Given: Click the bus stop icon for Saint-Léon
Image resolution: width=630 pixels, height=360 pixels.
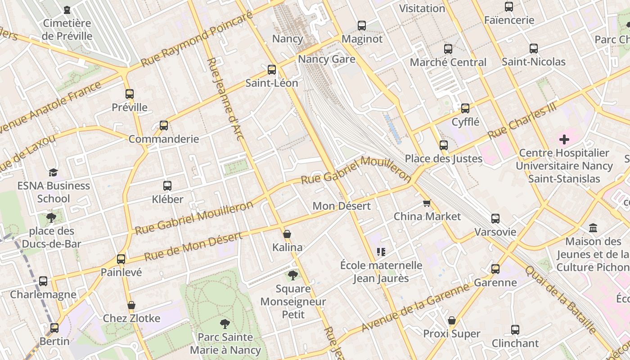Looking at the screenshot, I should [x=271, y=70].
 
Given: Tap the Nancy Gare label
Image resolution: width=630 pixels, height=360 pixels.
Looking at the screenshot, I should [x=327, y=59].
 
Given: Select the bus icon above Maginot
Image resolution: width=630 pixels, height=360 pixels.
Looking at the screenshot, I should [x=362, y=26].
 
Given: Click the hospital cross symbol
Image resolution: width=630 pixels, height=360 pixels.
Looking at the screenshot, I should [x=564, y=139].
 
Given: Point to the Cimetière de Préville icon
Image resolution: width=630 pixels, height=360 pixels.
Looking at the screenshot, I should [x=67, y=10].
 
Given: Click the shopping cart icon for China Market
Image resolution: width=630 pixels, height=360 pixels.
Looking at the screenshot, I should [x=427, y=203].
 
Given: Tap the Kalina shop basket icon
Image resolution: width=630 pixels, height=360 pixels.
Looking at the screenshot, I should [x=287, y=234].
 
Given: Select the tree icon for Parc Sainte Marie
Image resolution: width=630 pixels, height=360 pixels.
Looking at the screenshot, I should [x=225, y=324].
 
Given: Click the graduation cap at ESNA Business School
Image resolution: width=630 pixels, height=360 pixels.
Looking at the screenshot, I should [x=54, y=172].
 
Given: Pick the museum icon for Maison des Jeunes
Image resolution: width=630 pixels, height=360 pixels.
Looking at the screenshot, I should [x=593, y=228].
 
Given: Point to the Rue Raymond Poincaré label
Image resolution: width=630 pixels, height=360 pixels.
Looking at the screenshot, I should [x=196, y=40].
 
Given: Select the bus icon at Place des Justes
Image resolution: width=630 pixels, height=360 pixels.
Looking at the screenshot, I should [x=444, y=145].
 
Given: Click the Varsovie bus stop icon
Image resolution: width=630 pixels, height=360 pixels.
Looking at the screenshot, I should [x=495, y=219].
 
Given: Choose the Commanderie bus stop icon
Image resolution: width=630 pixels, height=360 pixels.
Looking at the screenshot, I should [x=164, y=126].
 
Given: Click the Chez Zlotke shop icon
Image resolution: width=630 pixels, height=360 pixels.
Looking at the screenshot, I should [x=131, y=305].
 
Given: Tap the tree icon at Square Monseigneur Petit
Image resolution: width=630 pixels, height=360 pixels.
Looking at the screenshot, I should [x=293, y=274].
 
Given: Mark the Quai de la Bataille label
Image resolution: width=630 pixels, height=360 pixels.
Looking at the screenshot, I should [x=560, y=299].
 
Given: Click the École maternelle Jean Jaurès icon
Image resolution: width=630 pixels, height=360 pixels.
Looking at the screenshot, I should [x=381, y=252].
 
